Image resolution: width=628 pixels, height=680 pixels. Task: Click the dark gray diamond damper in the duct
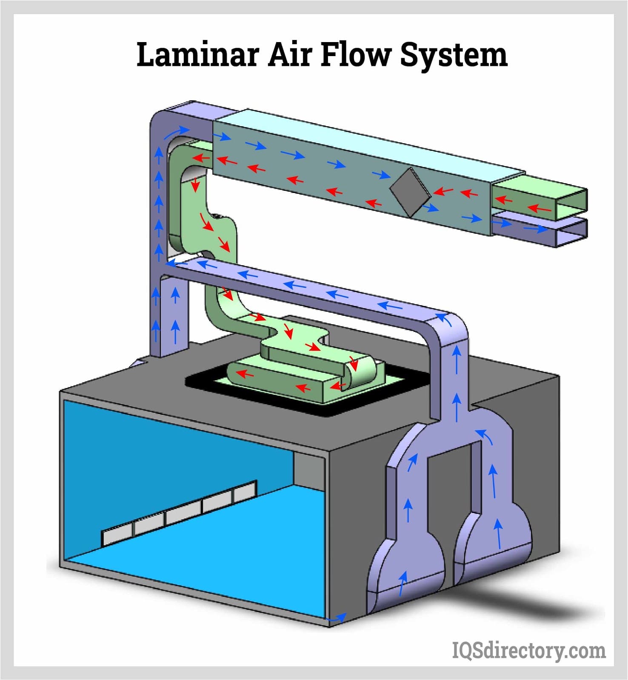(x=410, y=192)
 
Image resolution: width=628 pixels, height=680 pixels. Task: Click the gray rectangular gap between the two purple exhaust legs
(x=454, y=489)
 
